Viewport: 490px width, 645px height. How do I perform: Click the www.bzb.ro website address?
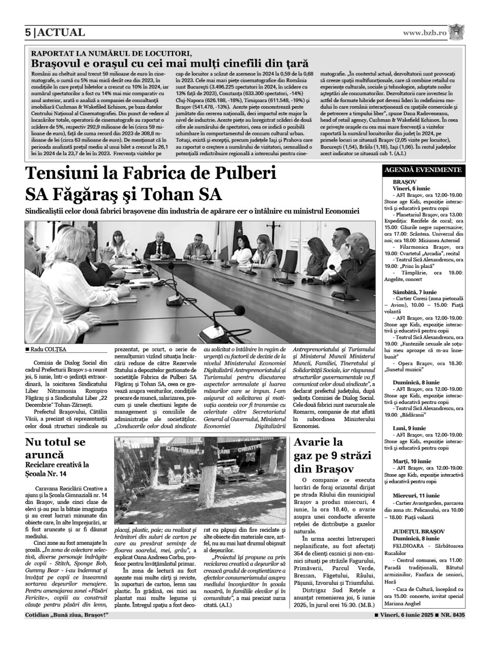[425, 33]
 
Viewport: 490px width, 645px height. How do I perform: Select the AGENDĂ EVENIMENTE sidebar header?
[423, 170]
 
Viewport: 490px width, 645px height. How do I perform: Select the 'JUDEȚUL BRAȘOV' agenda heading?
[418, 531]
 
